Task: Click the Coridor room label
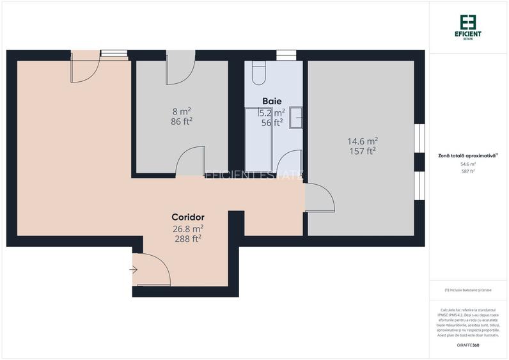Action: [x=187, y=217]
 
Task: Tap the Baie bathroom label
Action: [x=272, y=101]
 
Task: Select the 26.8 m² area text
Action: [x=187, y=228]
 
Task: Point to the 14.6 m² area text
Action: [x=362, y=141]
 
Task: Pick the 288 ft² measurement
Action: [x=187, y=239]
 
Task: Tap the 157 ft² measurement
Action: [x=362, y=151]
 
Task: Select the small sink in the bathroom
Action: [x=296, y=116]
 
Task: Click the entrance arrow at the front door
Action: [x=133, y=270]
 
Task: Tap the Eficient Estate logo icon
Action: [x=468, y=21]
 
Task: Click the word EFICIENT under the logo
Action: [x=468, y=33]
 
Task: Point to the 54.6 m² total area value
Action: [x=468, y=164]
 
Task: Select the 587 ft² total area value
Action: [x=468, y=171]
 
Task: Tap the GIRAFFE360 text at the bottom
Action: [x=468, y=345]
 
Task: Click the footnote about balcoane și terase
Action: [x=468, y=290]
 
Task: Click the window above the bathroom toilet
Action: [x=286, y=55]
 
